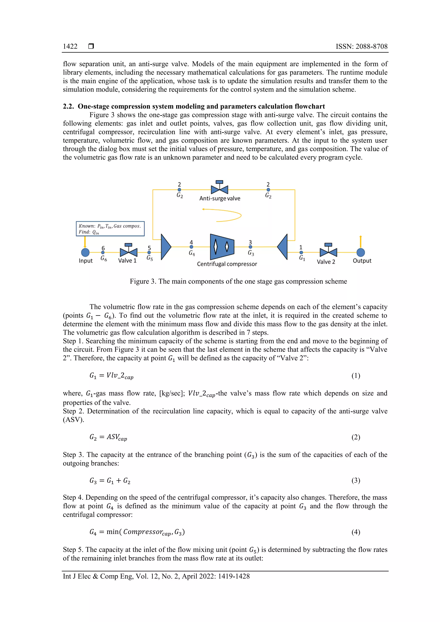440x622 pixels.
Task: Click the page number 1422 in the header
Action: pos(70,47)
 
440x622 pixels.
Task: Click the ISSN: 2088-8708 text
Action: pos(361,47)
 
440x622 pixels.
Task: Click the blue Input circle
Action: pos(85,252)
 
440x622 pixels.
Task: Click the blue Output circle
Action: pos(360,252)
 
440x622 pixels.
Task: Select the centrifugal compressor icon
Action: pos(222,247)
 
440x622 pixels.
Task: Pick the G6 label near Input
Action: pos(104,259)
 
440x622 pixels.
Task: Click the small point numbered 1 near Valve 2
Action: pos(301,252)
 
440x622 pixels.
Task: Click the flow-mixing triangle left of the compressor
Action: pos(165,247)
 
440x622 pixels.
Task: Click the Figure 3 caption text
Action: pos(238,281)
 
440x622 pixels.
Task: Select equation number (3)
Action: pos(356,481)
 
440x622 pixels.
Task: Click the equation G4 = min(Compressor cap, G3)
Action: pos(137,532)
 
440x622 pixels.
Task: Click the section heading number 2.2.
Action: pos(68,106)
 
